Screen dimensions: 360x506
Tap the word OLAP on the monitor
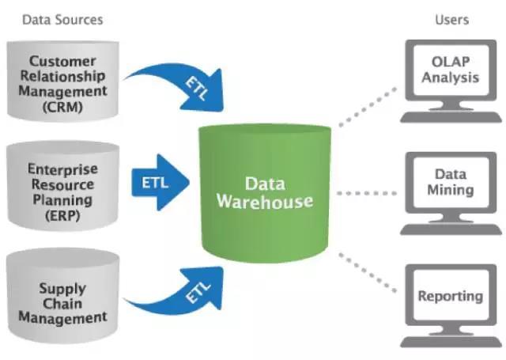(450, 62)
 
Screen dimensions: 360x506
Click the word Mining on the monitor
(451, 191)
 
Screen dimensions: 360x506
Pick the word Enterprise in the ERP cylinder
(62, 169)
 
